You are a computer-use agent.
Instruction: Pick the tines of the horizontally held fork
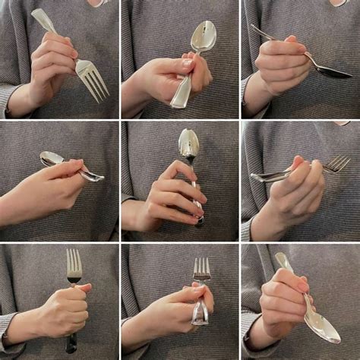click(x=338, y=163)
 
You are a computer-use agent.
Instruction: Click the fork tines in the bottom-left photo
click(x=74, y=262)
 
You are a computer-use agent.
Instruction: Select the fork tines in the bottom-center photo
click(x=201, y=268)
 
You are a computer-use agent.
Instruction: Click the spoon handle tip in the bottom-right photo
click(x=279, y=257)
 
